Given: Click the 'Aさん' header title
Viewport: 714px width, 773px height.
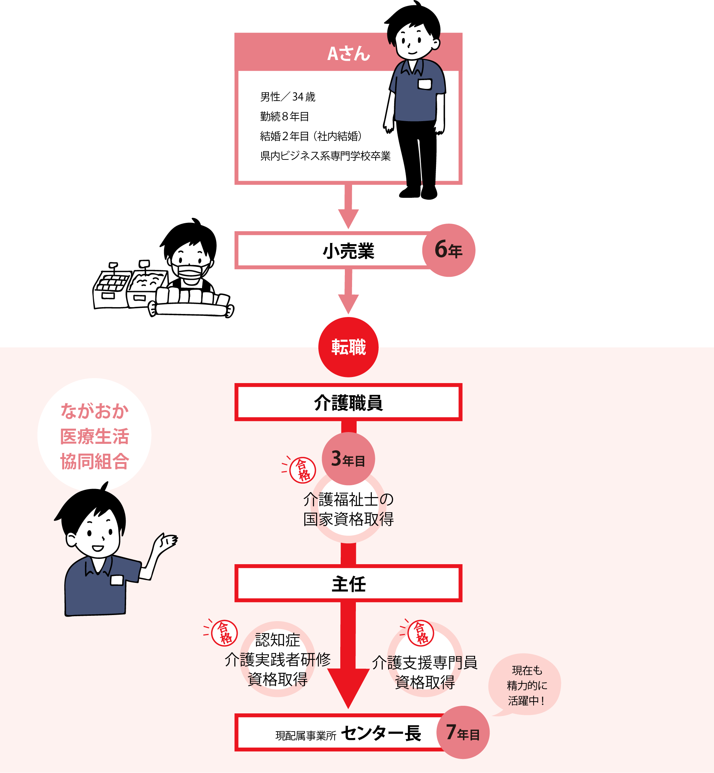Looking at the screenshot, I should point(348,53).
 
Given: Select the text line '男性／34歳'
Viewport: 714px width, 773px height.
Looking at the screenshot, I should point(287,96).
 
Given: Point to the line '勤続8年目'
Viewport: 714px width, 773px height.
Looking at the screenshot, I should point(284,116).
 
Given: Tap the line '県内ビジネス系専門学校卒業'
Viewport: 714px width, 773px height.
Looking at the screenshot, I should point(325,156).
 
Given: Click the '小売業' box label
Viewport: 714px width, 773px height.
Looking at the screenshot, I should point(348,251).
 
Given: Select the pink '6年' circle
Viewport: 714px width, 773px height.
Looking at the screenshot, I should point(448,250).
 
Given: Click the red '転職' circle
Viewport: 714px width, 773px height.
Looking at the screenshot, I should point(348,347).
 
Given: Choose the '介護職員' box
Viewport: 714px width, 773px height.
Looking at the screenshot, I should point(348,402).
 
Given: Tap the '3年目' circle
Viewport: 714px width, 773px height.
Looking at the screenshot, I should point(348,459).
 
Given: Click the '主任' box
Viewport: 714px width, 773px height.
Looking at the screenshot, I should point(348,583).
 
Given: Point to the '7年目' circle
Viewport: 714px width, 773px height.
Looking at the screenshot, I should point(463,732).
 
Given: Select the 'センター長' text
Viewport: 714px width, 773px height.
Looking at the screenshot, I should point(381,733).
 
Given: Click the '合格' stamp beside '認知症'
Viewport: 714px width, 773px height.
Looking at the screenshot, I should point(224,633).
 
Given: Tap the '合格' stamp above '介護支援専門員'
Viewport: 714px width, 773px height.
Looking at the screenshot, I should point(421,633).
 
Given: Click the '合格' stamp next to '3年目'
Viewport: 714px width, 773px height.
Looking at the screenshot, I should point(303,470).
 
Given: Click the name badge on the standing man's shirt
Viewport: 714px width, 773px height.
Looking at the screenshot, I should point(425,84).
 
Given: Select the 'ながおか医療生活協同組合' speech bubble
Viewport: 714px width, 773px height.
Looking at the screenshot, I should point(94,435).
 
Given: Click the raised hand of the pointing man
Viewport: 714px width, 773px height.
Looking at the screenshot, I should point(166,541).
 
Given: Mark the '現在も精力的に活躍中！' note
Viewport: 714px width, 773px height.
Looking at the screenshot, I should point(527,685).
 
